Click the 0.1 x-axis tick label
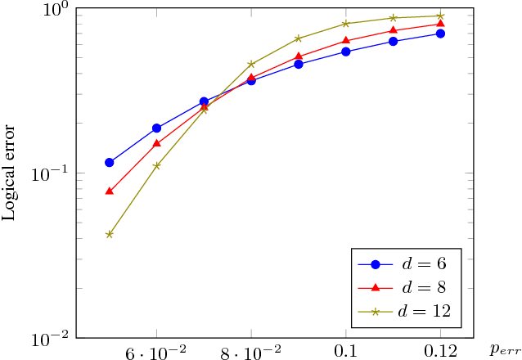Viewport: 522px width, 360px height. [x=346, y=352]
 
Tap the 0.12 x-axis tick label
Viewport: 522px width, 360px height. [x=440, y=352]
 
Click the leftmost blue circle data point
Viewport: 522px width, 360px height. [x=109, y=162]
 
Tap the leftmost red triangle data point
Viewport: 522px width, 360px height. [x=109, y=191]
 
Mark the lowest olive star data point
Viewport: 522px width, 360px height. [x=109, y=234]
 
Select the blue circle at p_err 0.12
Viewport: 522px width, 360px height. [x=440, y=34]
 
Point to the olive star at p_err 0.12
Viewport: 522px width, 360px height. [x=440, y=16]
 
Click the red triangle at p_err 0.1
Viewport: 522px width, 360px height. [x=346, y=40]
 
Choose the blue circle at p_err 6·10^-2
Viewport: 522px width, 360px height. [x=156, y=128]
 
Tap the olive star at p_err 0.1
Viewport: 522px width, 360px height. [x=346, y=23]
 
